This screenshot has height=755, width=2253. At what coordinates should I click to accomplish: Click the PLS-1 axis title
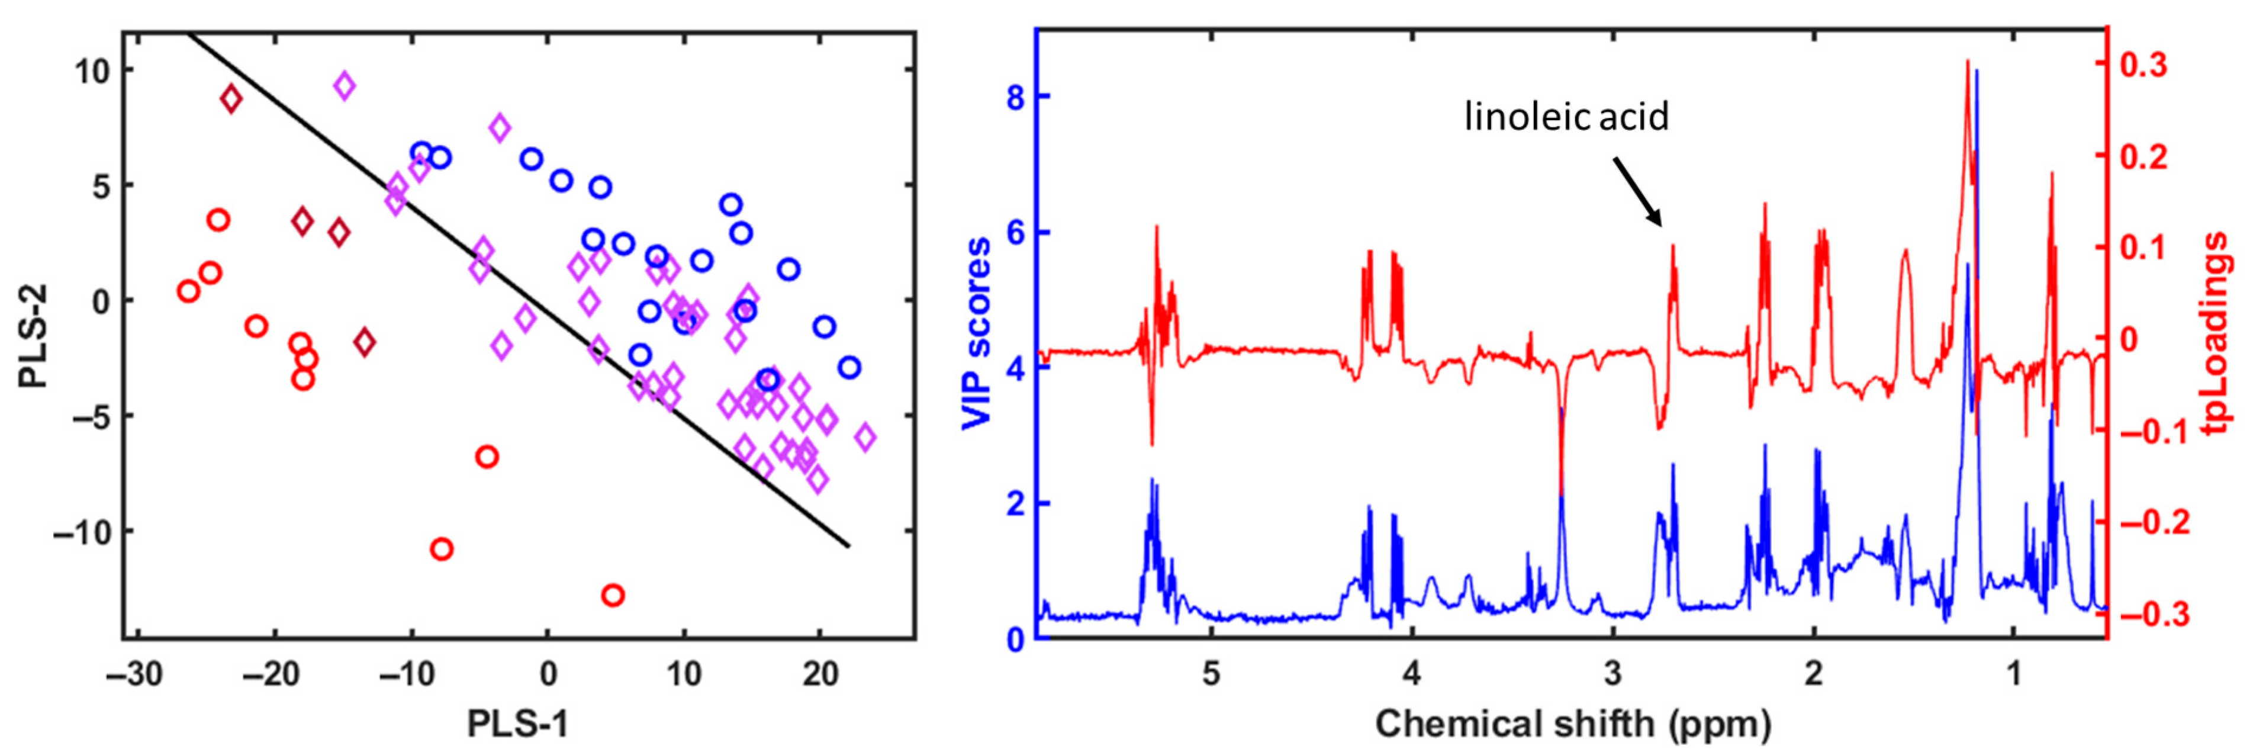tap(518, 724)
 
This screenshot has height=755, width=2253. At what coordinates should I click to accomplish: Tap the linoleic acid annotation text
tap(1566, 116)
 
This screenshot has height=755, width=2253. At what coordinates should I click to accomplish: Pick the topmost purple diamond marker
tap(345, 86)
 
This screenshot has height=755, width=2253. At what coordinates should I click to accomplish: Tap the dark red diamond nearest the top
tap(231, 99)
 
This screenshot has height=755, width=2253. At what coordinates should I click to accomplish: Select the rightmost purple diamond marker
tap(865, 436)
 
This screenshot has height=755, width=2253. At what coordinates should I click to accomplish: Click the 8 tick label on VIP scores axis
tap(1015, 97)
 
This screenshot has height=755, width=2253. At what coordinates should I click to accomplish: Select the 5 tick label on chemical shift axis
tap(1211, 674)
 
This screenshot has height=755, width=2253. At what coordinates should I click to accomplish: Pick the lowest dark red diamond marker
tap(365, 342)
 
